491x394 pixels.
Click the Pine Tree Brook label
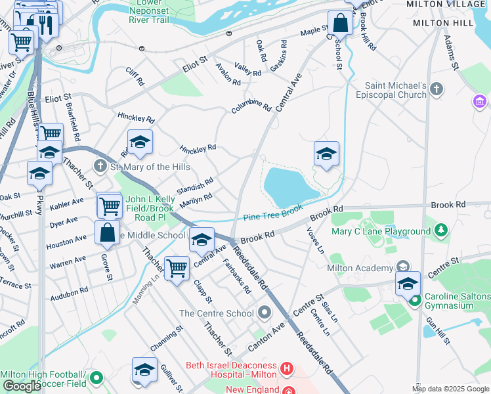point(273,211)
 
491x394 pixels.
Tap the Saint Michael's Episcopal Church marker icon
point(437,88)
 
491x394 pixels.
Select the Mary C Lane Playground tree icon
point(442,230)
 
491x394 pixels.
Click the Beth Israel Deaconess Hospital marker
point(286,369)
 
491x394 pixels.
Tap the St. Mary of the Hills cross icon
point(100,167)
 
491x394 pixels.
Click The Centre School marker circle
point(265,313)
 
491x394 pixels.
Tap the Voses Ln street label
point(316,240)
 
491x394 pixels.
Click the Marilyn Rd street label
point(195,199)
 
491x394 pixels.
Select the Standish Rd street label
point(195,186)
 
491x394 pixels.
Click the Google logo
point(22,386)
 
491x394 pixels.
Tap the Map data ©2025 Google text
point(450,389)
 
